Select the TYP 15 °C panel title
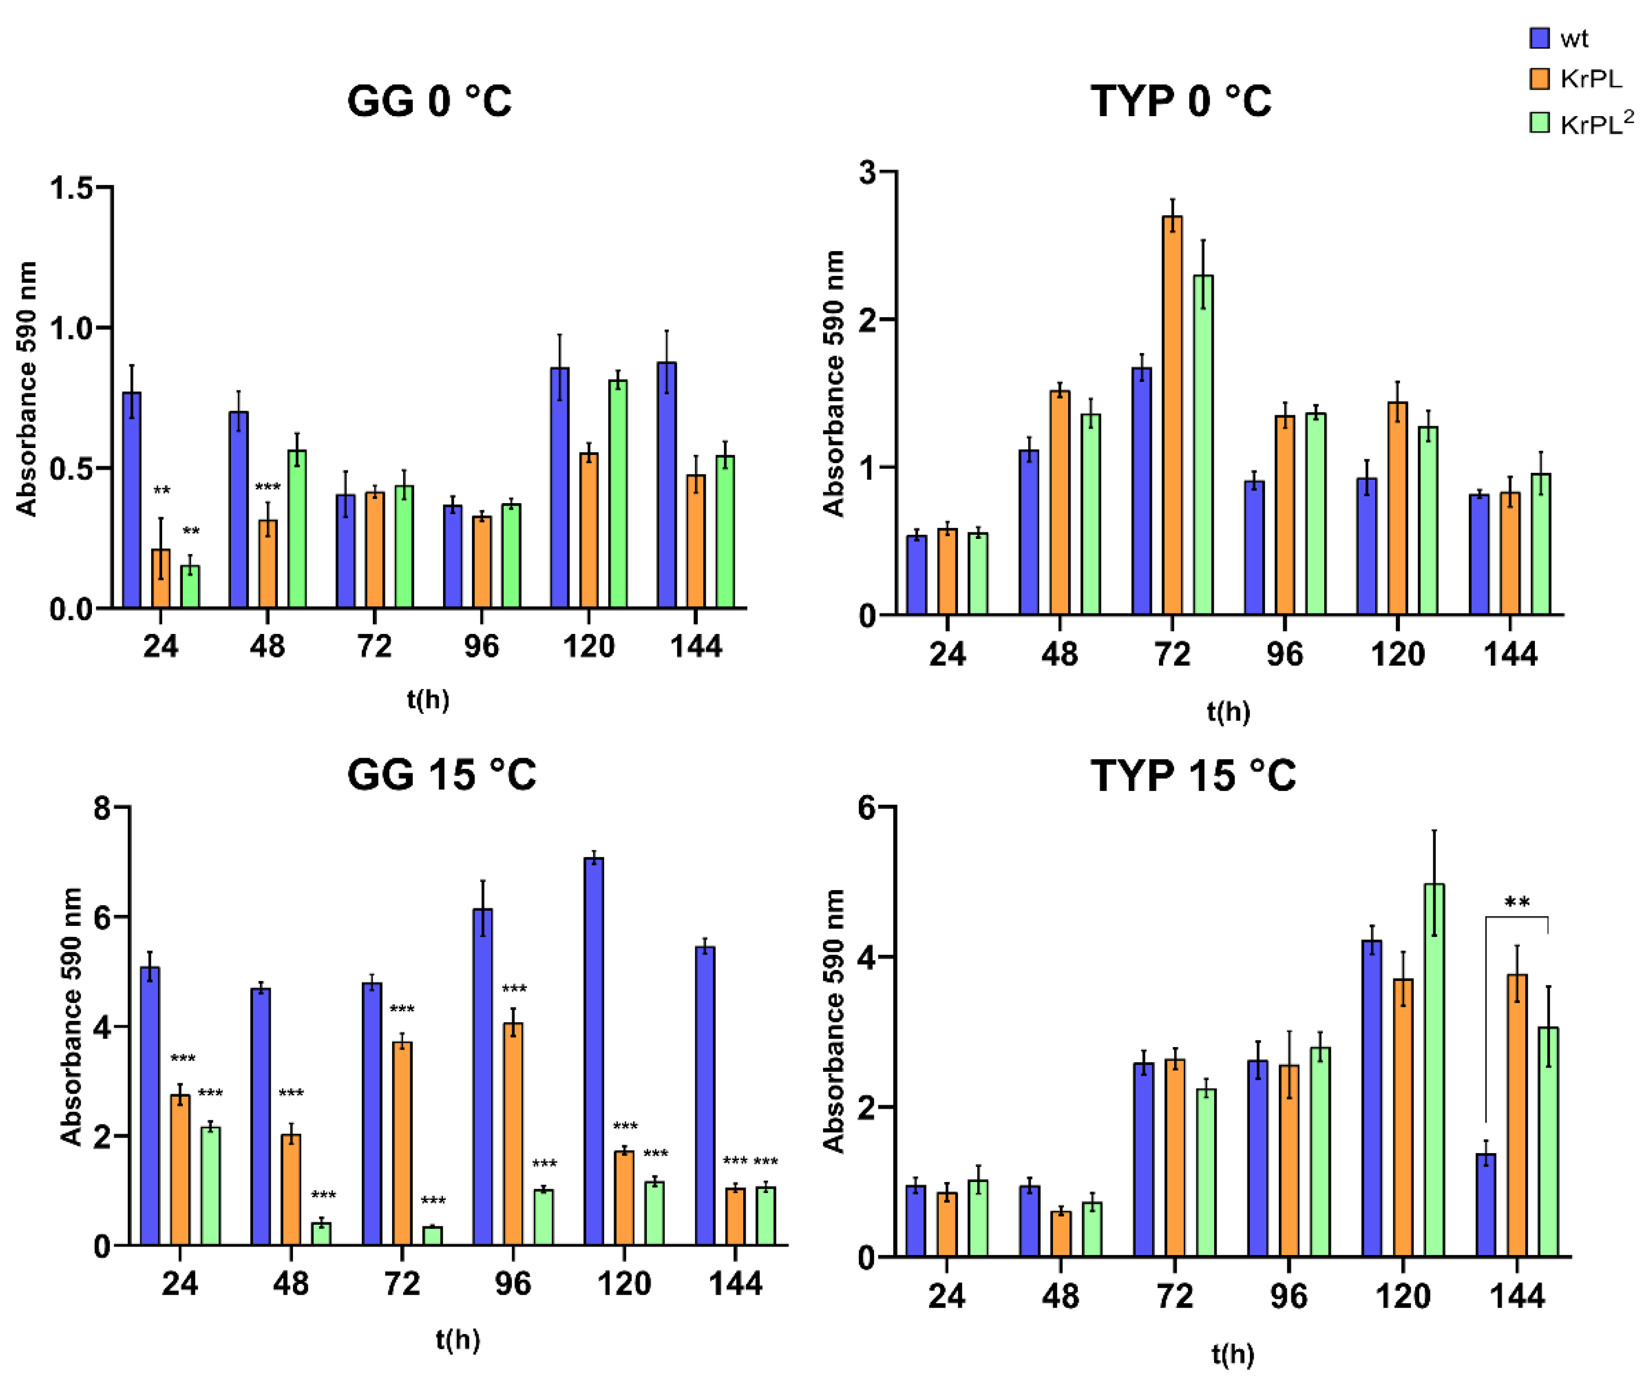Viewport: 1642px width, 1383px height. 1193,776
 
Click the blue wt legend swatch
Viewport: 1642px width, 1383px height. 1539,38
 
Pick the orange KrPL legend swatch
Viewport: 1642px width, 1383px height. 1539,78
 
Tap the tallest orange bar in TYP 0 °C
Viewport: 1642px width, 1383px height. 1172,416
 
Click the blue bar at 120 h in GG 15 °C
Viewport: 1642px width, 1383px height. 594,1051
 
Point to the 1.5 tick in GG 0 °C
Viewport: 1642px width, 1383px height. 71,188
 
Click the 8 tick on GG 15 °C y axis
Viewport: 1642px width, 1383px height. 102,808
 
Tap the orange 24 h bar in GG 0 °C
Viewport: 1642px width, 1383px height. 161,578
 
